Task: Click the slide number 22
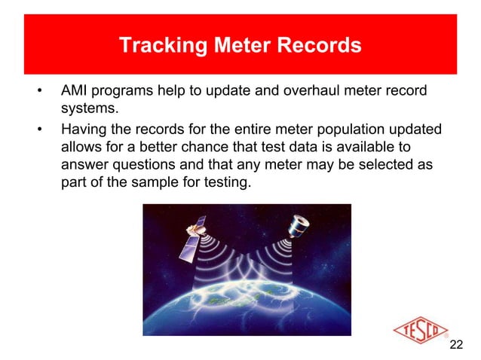coord(455,345)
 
